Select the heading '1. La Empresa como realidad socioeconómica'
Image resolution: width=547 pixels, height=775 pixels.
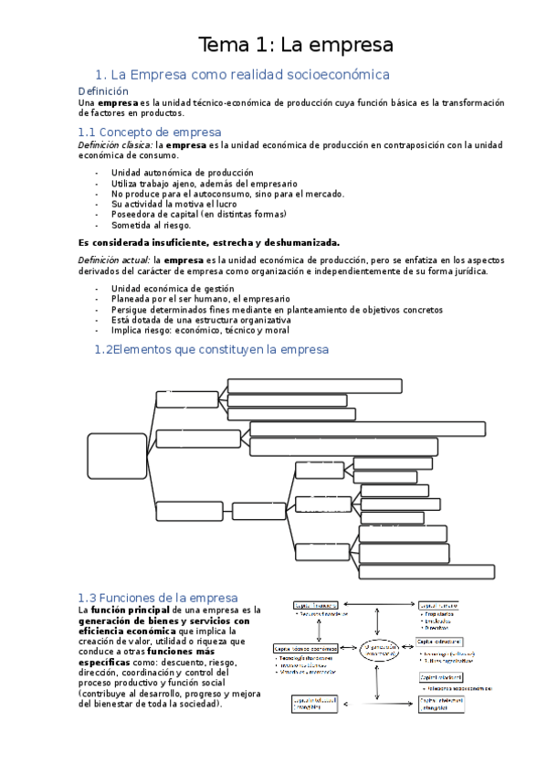click(242, 74)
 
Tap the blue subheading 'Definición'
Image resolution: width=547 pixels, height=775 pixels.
click(103, 91)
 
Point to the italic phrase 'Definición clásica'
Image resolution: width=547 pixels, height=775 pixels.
click(115, 144)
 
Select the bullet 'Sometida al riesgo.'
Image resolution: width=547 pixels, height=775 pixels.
click(151, 224)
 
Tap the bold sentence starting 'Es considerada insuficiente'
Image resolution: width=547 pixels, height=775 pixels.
click(209, 242)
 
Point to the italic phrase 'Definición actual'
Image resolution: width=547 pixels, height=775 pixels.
click(114, 260)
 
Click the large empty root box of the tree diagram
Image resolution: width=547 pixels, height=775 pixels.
click(118, 462)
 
